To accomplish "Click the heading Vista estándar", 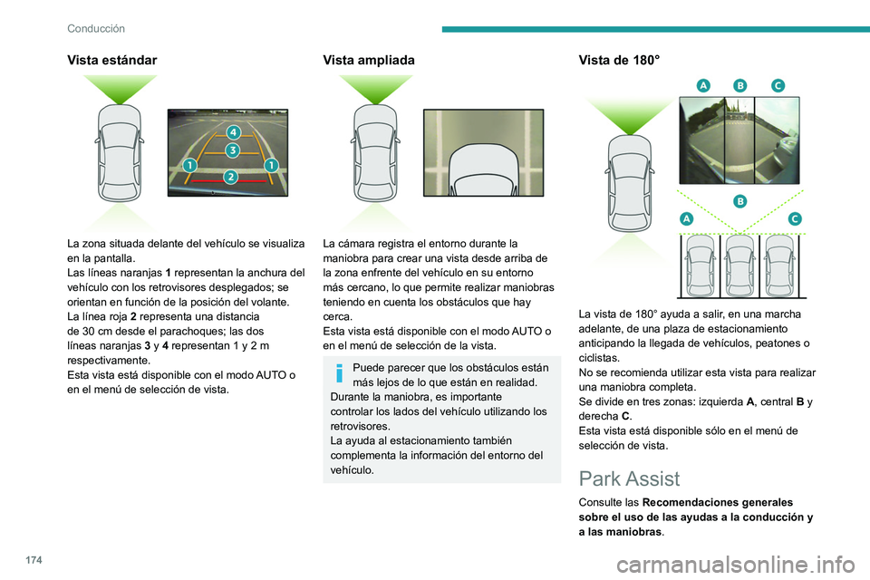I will tap(111, 60).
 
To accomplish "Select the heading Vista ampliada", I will tap(368, 60).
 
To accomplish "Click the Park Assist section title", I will tap(628, 478).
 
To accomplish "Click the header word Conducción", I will tap(95, 28).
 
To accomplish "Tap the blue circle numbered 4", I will tap(232, 133).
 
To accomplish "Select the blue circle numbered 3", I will tap(232, 150).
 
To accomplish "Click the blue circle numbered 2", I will tap(231, 177).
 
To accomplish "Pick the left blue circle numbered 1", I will tap(189, 165).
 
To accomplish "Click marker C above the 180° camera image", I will tap(778, 84).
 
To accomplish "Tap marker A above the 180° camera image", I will tap(702, 84).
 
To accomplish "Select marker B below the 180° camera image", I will tap(739, 200).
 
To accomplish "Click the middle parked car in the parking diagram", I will tap(739, 265).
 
